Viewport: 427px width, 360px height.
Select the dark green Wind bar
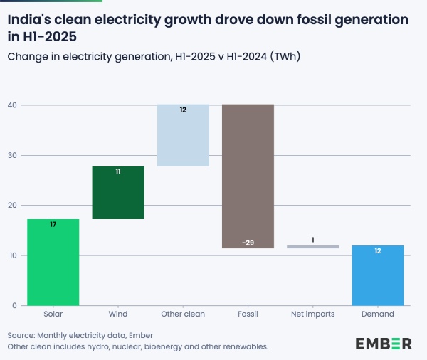[x=118, y=192]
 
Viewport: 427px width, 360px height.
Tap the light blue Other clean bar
[x=183, y=135]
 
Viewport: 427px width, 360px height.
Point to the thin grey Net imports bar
[x=313, y=247]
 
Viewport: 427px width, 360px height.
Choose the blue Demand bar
[x=378, y=275]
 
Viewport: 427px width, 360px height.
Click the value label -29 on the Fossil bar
[x=248, y=243]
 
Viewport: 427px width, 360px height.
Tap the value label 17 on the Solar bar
[x=53, y=225]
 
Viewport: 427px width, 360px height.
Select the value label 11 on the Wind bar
[x=118, y=171]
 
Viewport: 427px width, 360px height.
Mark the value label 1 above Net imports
[x=313, y=239]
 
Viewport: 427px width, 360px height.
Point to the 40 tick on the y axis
[x=12, y=105]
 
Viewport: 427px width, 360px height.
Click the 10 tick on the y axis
[x=12, y=255]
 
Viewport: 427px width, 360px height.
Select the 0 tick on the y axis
[x=14, y=306]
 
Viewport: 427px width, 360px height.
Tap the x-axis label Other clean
[x=183, y=314]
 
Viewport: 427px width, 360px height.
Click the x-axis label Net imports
[x=313, y=314]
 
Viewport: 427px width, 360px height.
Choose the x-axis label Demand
[x=378, y=314]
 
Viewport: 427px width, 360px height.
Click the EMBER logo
[x=383, y=344]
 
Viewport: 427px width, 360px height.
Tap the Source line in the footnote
[x=80, y=335]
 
